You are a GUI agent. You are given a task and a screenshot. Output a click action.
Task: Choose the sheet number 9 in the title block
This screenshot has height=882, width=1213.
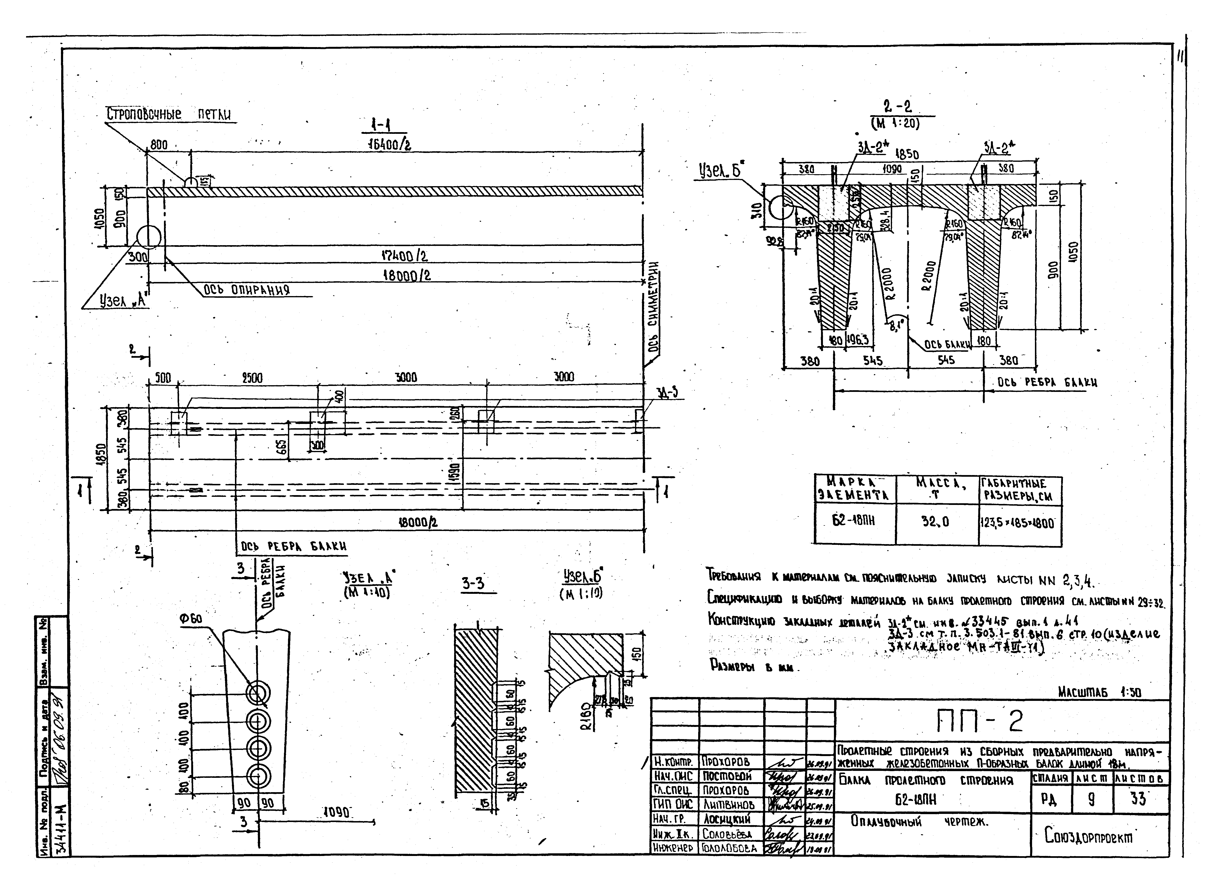coord(1091,800)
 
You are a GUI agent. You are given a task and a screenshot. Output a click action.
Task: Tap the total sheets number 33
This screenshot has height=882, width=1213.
coord(1138,799)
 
